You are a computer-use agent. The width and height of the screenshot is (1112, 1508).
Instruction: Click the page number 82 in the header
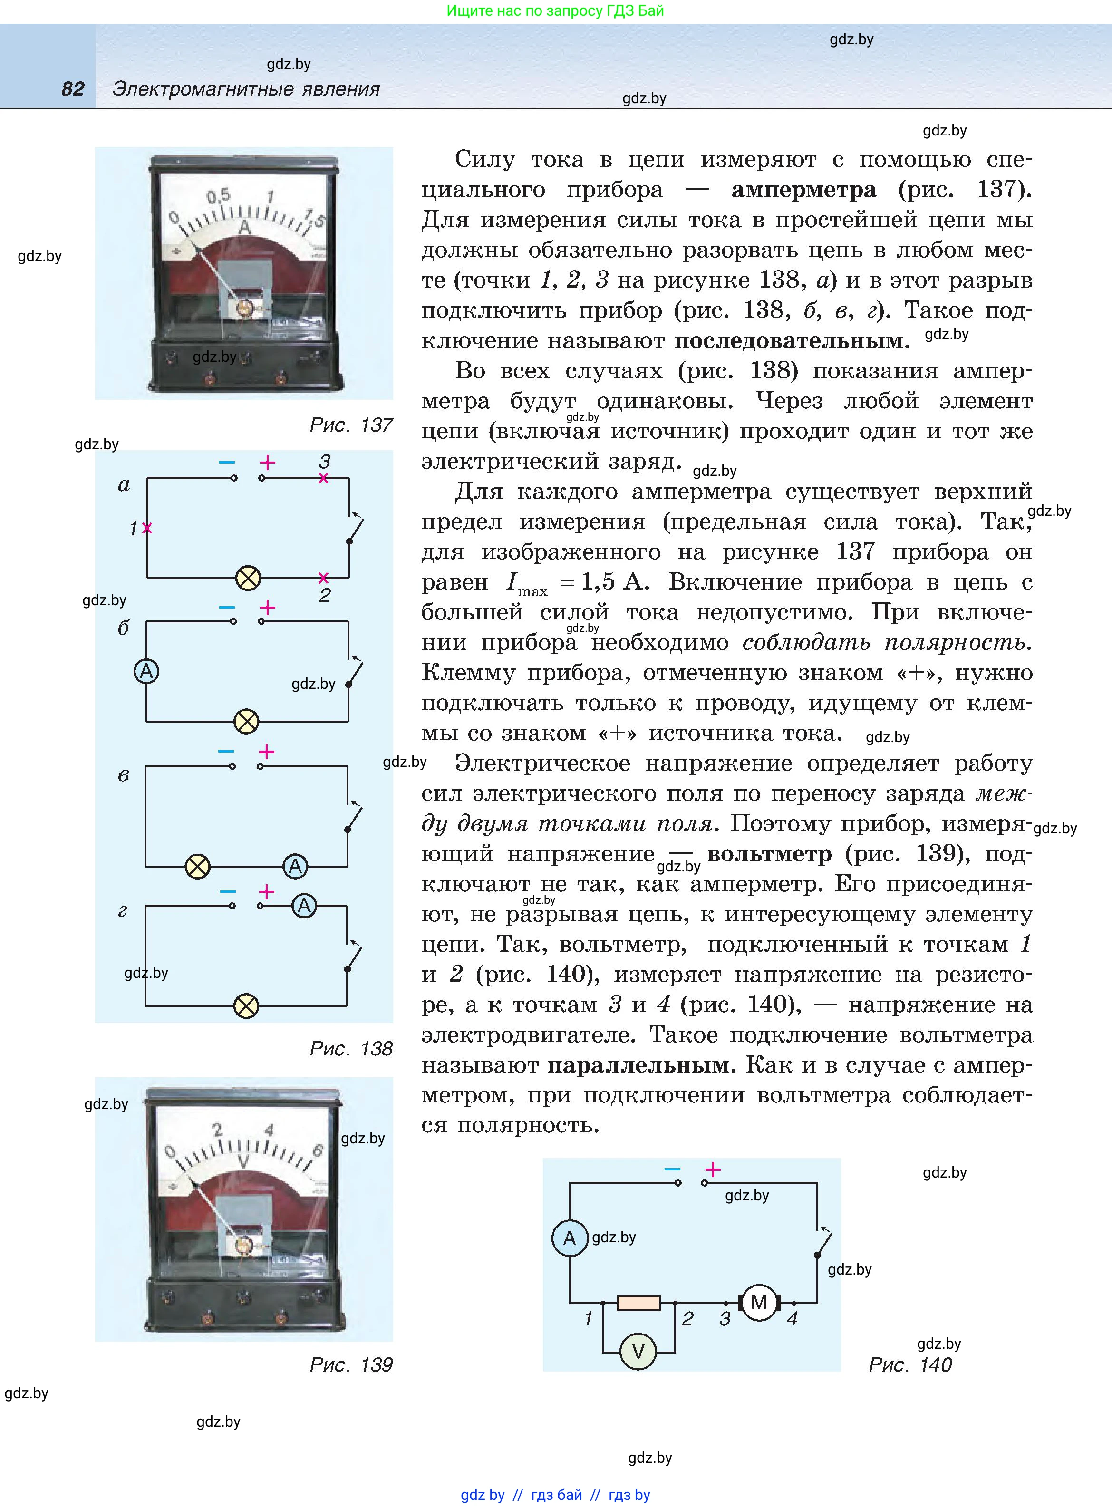[x=73, y=89]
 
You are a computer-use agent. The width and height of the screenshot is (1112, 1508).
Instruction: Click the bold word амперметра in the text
[x=804, y=190]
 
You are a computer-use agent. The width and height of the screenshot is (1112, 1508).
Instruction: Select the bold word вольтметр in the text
[x=769, y=854]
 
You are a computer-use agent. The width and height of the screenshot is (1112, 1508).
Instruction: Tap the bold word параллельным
[x=638, y=1065]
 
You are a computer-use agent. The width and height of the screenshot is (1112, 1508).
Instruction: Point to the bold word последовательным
[x=791, y=340]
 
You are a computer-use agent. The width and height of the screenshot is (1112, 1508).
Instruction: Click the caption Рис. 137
[x=351, y=425]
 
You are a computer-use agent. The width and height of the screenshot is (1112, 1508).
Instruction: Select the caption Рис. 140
[x=910, y=1365]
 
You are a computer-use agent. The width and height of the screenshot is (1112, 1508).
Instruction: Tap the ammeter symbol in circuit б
[x=146, y=671]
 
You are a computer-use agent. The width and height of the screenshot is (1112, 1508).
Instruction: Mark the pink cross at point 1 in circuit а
[x=147, y=528]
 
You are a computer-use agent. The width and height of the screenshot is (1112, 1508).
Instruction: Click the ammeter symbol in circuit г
[x=304, y=906]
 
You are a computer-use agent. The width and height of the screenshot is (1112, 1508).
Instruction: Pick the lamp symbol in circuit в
[x=197, y=866]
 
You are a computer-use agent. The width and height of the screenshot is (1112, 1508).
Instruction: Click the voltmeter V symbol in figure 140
[x=638, y=1351]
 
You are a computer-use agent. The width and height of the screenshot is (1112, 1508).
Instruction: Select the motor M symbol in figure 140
[x=759, y=1302]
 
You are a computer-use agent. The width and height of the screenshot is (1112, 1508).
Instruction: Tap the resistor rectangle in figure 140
[x=638, y=1303]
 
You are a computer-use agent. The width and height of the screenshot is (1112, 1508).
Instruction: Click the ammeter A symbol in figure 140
[x=570, y=1237]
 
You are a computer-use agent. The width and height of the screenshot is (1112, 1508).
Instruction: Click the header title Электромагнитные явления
[x=246, y=89]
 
